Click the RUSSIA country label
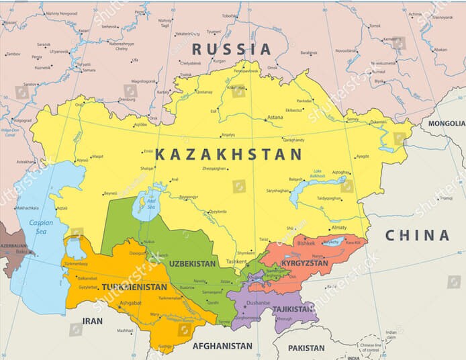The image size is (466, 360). (232, 49)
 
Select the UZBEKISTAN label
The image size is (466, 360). (193, 263)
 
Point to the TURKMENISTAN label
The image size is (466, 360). (134, 287)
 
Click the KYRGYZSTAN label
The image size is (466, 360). (305, 263)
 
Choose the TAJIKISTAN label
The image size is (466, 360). (293, 309)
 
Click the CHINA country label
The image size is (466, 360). (416, 235)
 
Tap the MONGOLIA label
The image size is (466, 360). (446, 124)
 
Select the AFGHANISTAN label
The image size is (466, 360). (222, 346)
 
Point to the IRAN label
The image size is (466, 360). (92, 321)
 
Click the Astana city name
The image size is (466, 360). (275, 118)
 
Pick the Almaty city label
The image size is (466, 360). (339, 228)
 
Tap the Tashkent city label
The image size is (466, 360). (236, 261)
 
